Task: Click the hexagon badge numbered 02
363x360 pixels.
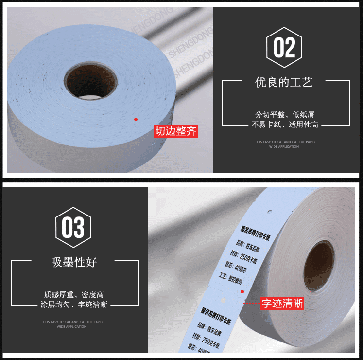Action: click(284, 47)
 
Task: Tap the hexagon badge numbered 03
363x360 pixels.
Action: click(73, 228)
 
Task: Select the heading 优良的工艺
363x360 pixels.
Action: click(284, 82)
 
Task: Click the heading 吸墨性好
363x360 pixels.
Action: click(74, 262)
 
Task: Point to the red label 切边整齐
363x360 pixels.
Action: click(176, 131)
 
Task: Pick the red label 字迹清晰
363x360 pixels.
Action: click(282, 304)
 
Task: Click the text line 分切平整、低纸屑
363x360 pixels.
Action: click(285, 115)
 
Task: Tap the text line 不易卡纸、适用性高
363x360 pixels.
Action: click(285, 125)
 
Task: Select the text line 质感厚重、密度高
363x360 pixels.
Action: click(74, 295)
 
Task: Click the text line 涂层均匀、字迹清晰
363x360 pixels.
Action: click(74, 305)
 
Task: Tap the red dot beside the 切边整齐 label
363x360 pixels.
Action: click(136, 119)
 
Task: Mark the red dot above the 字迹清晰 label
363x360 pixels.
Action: click(242, 291)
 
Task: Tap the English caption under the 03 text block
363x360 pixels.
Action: click(74, 324)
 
